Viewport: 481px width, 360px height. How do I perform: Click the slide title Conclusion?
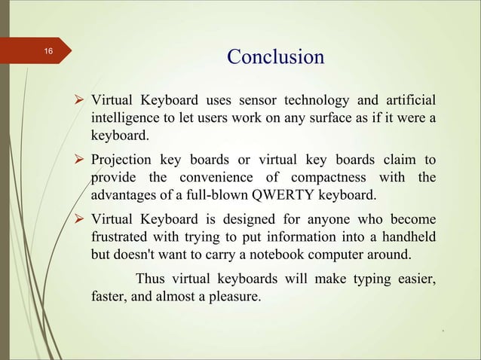point(275,57)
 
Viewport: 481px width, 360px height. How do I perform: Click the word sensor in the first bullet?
point(260,100)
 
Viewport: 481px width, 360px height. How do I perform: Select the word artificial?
point(406,100)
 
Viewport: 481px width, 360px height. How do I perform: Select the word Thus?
point(150,280)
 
